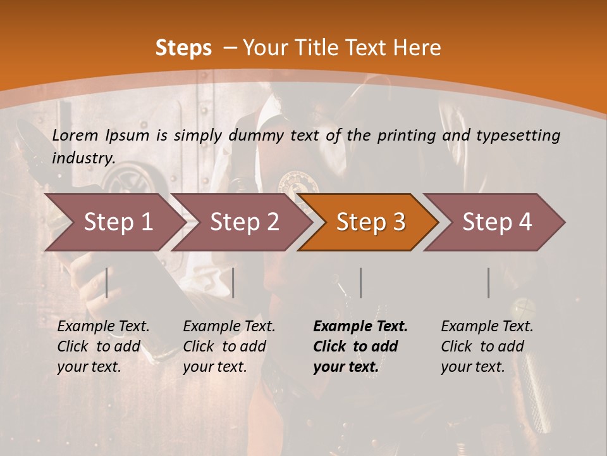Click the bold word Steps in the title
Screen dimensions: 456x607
click(183, 48)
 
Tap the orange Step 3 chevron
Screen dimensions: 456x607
click(369, 222)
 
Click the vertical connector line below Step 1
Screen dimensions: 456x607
click(107, 282)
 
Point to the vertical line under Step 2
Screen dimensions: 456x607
click(233, 282)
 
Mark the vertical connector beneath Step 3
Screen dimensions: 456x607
click(360, 282)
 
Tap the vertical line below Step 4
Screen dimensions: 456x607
click(488, 282)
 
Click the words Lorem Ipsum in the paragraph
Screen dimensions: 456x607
click(101, 135)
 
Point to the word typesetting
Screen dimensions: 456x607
click(518, 136)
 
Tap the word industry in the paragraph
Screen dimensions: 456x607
click(83, 158)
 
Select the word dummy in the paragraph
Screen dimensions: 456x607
click(257, 136)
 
